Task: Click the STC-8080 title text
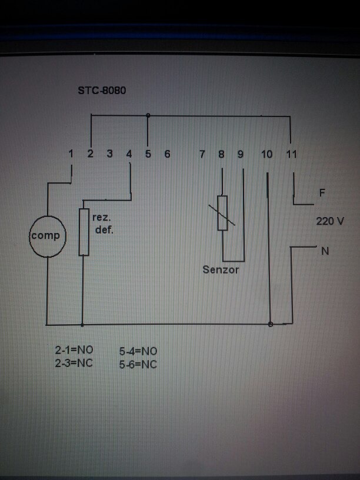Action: click(102, 91)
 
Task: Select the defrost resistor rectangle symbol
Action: click(84, 232)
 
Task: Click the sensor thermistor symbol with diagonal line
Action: click(222, 213)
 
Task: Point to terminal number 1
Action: click(71, 154)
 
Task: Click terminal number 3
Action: click(109, 154)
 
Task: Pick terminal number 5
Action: click(148, 154)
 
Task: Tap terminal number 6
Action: click(167, 154)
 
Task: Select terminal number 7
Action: click(202, 155)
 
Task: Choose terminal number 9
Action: click(241, 155)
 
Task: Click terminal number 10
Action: click(266, 155)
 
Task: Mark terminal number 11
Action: click(291, 155)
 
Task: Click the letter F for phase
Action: click(322, 192)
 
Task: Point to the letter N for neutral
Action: click(325, 252)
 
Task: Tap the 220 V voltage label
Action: click(329, 221)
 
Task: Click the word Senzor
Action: click(221, 270)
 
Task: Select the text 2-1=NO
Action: click(74, 350)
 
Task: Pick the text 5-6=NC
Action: click(138, 364)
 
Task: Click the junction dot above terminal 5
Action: click(148, 116)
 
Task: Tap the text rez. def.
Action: click(103, 224)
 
